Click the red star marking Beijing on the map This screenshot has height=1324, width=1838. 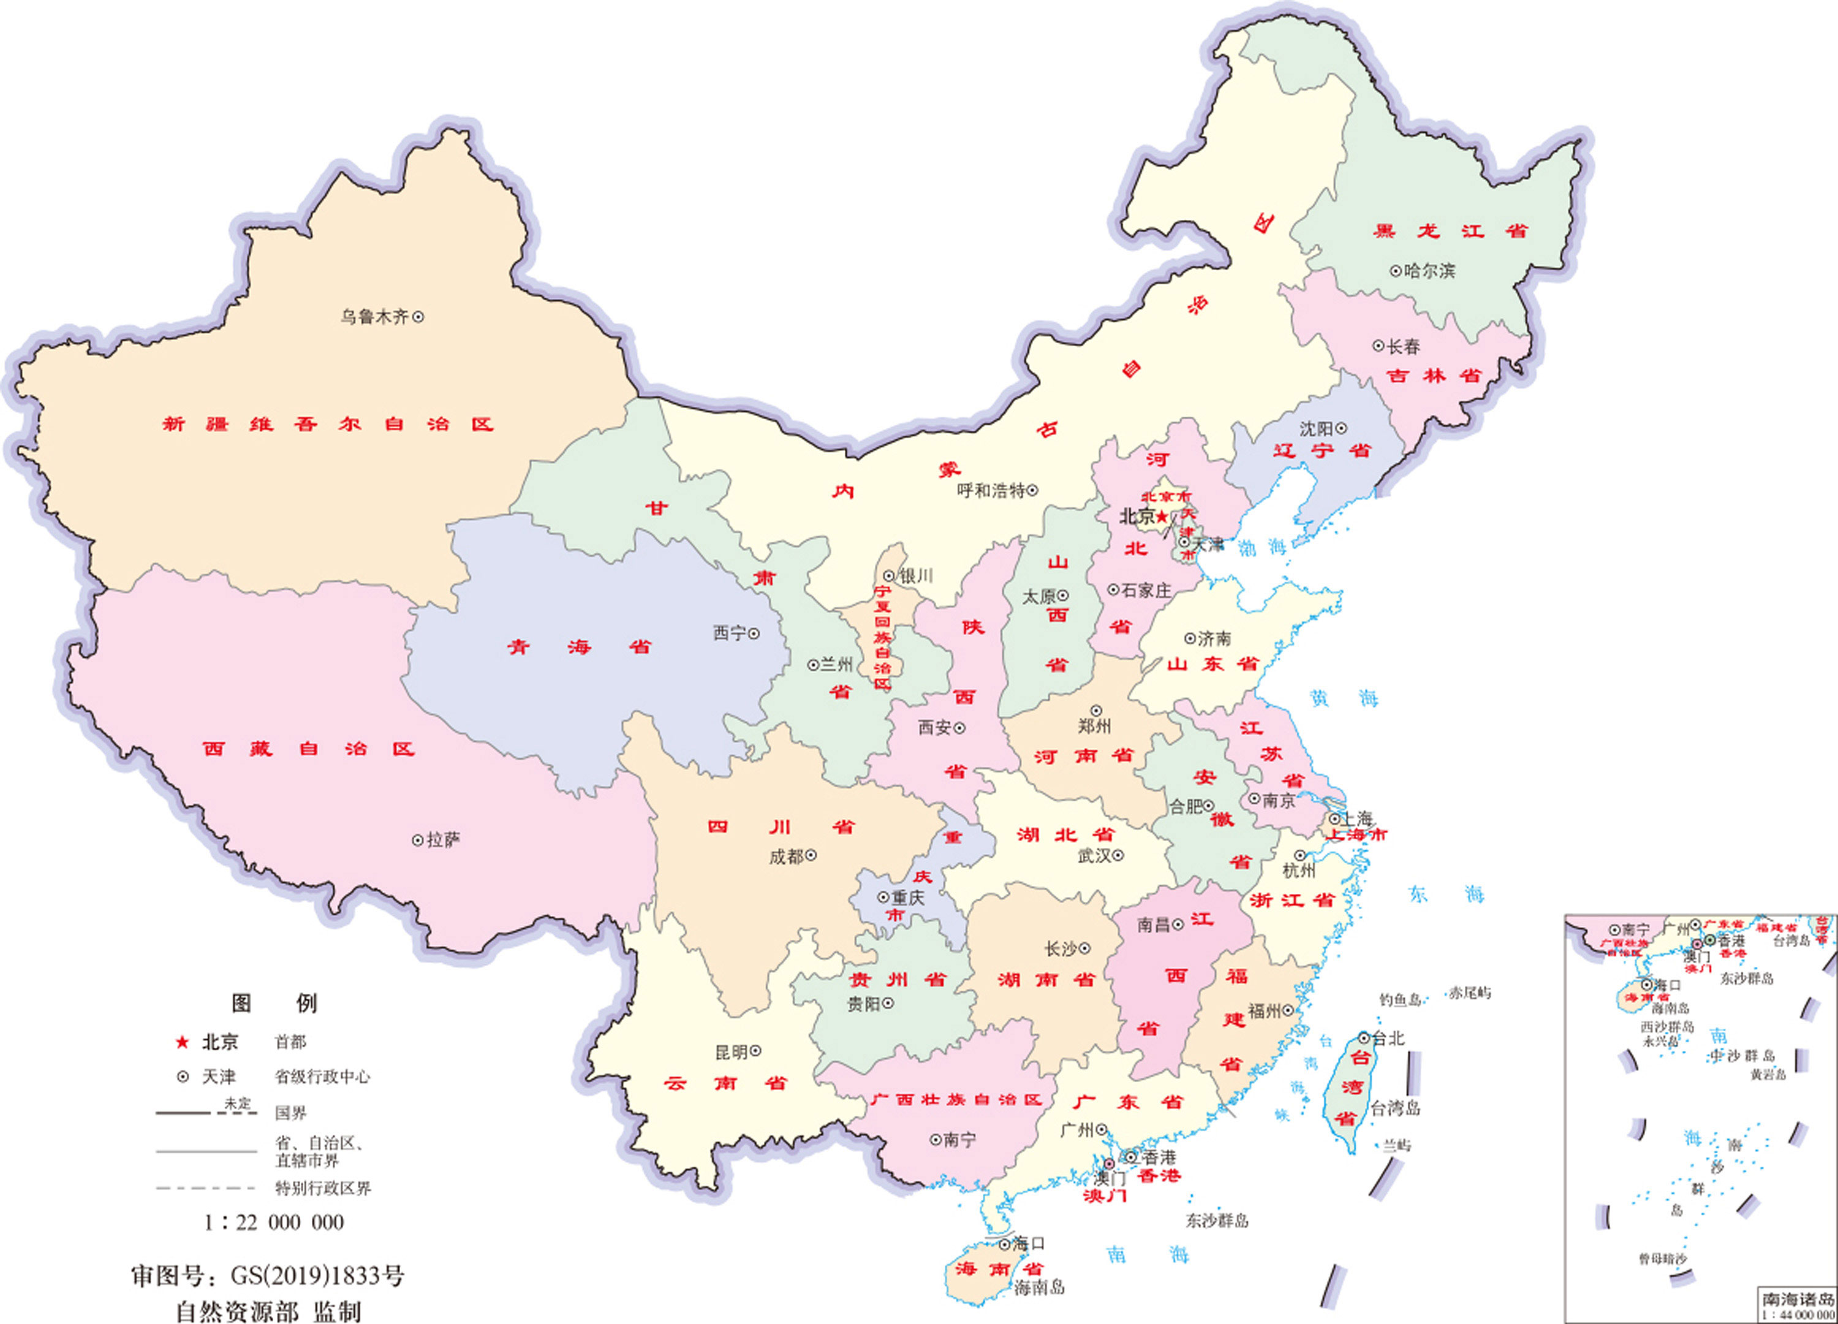click(1162, 516)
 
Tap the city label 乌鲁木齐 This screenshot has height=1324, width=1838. click(374, 317)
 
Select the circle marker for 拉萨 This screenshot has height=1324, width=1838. click(418, 840)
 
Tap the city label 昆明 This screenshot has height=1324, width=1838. click(731, 1052)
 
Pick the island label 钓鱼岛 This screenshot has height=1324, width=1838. click(1401, 1001)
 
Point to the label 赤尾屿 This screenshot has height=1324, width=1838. click(1470, 993)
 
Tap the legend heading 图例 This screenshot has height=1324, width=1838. click(274, 1003)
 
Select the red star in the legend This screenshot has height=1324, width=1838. click(183, 1042)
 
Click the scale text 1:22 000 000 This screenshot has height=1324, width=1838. click(274, 1222)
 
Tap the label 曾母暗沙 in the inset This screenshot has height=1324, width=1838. click(1662, 1259)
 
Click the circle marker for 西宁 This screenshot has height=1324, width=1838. click(754, 634)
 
